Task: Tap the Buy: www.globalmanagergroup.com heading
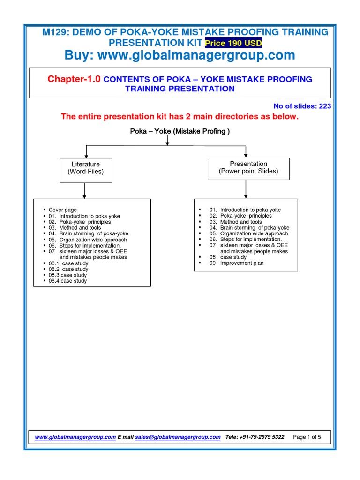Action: click(180, 55)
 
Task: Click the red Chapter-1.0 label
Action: click(74, 79)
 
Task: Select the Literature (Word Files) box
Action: click(85, 168)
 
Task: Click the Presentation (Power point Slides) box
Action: click(248, 167)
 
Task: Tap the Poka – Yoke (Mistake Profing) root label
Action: click(180, 131)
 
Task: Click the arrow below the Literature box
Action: click(85, 190)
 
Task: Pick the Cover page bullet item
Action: click(63, 210)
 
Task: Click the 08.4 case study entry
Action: click(68, 281)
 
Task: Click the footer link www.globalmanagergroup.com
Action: click(75, 437)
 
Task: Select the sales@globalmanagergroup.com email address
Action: click(178, 437)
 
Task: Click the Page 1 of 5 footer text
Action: click(307, 437)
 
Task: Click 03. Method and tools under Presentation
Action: click(236, 222)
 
